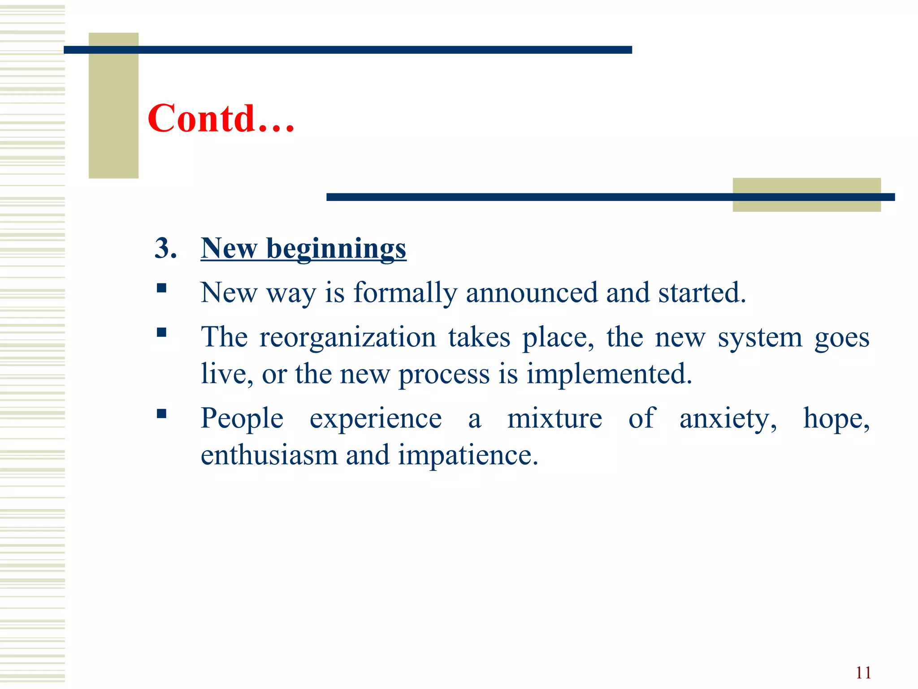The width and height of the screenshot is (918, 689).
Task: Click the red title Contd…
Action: [221, 118]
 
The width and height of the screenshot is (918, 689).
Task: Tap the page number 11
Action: [863, 673]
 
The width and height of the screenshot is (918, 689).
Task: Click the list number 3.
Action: [165, 248]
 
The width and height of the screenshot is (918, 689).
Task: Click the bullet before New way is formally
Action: [162, 288]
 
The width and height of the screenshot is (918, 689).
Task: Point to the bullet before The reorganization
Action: [162, 332]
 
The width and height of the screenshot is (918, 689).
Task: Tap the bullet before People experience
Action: [162, 414]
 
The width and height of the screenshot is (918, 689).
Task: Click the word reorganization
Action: [347, 337]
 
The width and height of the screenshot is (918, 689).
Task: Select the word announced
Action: [532, 293]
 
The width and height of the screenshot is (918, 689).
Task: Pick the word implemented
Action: [609, 374]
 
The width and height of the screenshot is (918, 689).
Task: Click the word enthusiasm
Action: [269, 455]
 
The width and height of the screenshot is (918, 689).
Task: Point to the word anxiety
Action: [727, 419]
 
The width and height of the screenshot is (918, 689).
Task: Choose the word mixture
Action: [554, 419]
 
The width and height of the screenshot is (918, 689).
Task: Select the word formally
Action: [405, 293]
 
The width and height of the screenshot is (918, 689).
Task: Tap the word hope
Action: [835, 419]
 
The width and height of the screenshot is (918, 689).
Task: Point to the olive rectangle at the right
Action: [806, 195]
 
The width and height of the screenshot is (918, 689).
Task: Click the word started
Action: [701, 293]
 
